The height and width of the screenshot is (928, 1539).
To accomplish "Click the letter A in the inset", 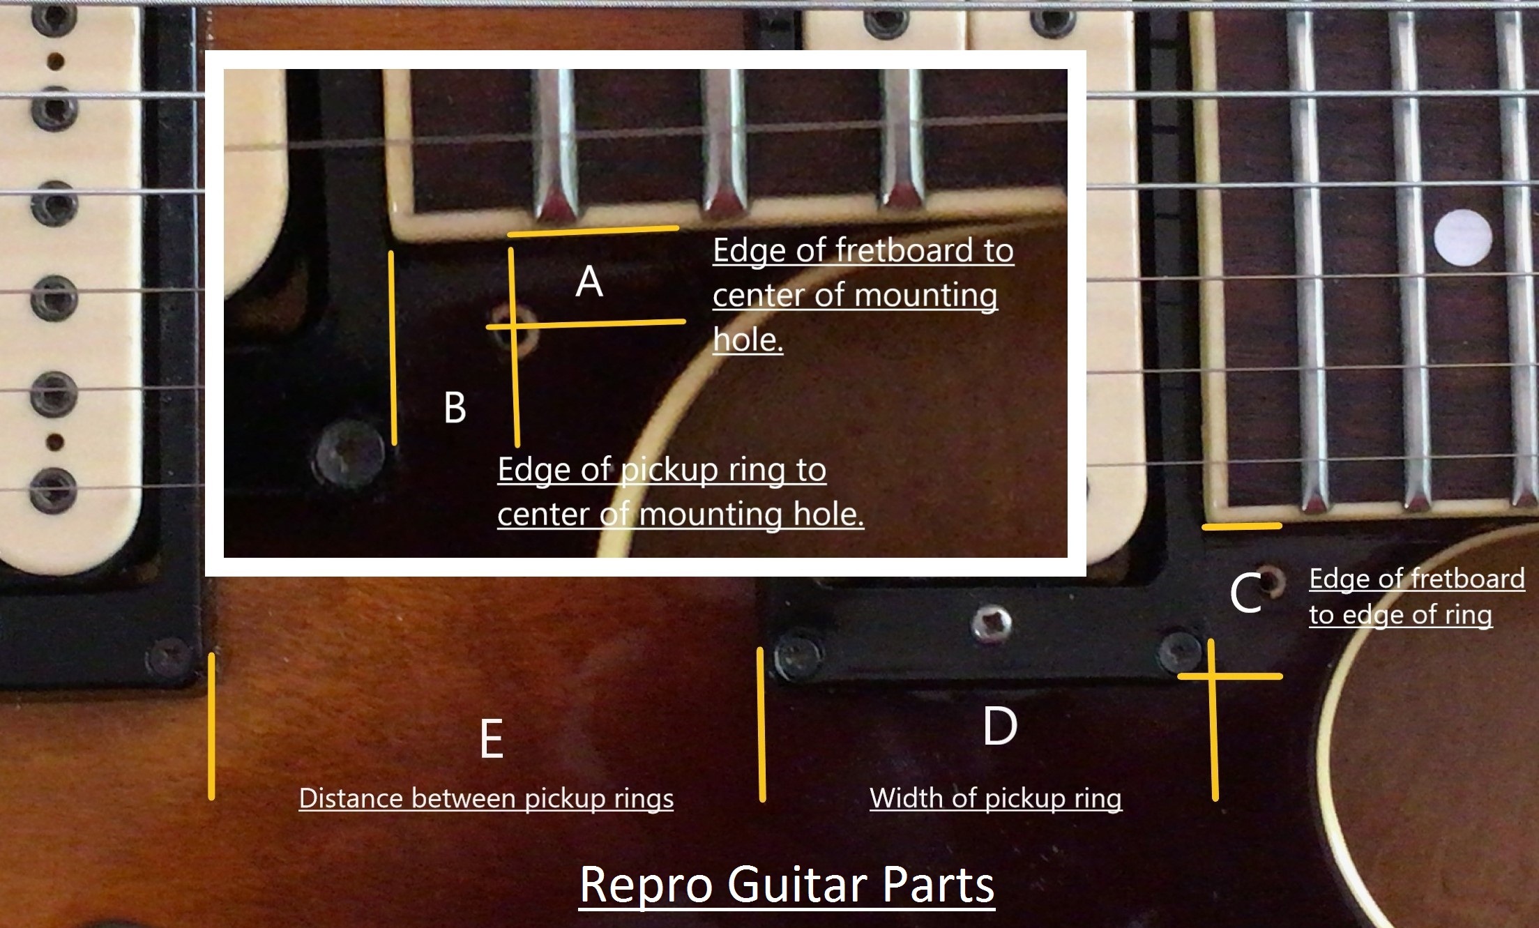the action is click(589, 282).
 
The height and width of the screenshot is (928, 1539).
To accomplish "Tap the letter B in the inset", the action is click(455, 407).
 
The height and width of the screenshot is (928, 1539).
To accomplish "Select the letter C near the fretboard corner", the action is click(1245, 594).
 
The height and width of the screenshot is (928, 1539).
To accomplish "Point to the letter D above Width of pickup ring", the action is click(999, 727).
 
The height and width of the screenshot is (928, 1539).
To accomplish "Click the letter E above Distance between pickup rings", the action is click(492, 739).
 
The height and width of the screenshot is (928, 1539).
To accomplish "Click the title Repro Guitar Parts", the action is click(787, 885).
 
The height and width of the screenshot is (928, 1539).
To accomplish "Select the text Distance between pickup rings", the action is click(486, 798).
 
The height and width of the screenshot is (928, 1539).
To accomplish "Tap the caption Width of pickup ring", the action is click(996, 798).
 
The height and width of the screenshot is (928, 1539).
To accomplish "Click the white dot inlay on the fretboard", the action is click(1463, 238).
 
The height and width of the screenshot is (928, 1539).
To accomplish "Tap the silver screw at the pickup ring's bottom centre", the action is click(992, 623).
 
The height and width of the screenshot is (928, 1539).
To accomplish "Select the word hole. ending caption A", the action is click(748, 340).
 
